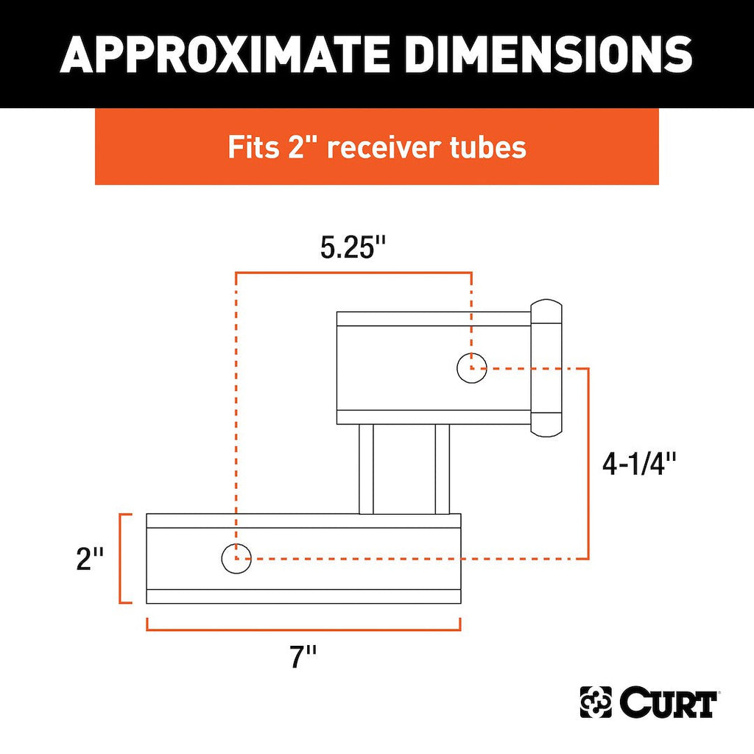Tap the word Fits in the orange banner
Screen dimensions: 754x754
(x=253, y=147)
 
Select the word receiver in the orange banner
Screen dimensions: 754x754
(x=384, y=147)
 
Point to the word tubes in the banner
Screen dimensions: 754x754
(x=488, y=147)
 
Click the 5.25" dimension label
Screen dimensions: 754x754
(x=353, y=248)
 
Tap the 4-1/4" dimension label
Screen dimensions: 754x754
(x=639, y=464)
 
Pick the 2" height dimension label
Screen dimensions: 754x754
(x=90, y=559)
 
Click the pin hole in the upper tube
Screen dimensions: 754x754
(x=471, y=368)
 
